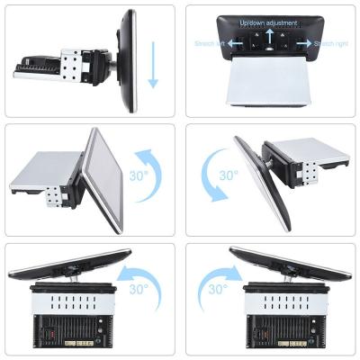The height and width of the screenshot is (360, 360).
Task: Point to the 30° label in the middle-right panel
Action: click(229, 175)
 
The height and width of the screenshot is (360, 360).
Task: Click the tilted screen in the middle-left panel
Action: click(102, 180)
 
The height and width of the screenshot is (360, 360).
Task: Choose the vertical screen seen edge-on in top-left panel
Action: click(127, 61)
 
